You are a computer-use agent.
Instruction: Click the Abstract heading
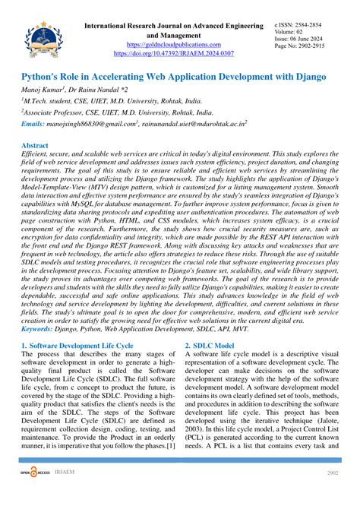click(x=36, y=144)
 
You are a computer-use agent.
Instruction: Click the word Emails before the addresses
click(x=33, y=123)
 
